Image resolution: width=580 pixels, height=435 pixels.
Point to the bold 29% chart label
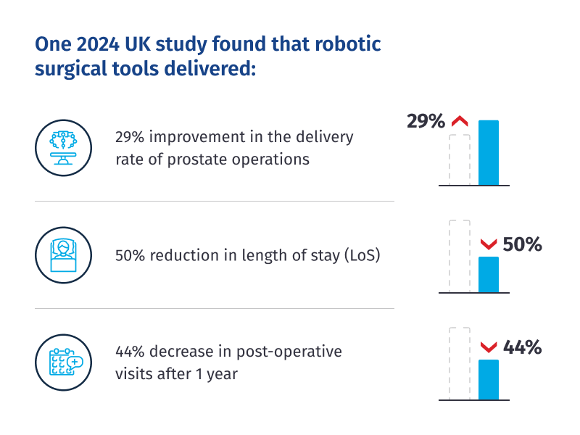[x=426, y=121]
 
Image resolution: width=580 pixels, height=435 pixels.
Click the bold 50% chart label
[x=522, y=245]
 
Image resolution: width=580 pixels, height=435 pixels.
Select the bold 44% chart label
[x=522, y=348]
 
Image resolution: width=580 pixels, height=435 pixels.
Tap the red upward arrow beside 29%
[x=460, y=122]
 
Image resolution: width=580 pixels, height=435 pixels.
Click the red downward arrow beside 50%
[x=489, y=244]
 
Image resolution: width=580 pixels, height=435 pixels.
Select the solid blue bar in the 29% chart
[x=489, y=152]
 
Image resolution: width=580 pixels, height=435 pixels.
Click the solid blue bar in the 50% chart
[x=489, y=275]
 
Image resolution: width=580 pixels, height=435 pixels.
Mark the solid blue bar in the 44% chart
[x=489, y=379]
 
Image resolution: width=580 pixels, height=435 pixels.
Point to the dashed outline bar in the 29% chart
[x=460, y=159]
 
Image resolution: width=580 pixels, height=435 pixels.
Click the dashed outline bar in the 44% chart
[x=460, y=363]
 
